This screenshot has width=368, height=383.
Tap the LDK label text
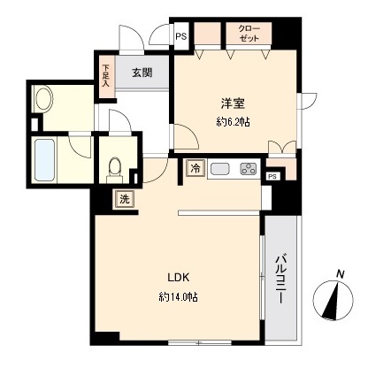coord(176,275)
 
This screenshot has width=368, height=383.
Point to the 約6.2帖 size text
coord(234,122)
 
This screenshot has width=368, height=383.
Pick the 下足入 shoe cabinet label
coord(106,73)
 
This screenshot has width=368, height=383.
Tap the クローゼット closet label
coord(249,34)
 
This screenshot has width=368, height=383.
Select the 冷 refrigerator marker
coord(194,168)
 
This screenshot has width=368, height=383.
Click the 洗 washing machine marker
coord(125,199)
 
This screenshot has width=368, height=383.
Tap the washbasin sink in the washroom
coord(43,99)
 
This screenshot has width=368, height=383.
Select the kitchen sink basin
coord(220,169)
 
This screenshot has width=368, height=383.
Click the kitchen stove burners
coord(248,169)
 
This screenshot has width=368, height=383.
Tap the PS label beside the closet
coord(180,37)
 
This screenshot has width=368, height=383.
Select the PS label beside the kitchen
coord(272,176)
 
